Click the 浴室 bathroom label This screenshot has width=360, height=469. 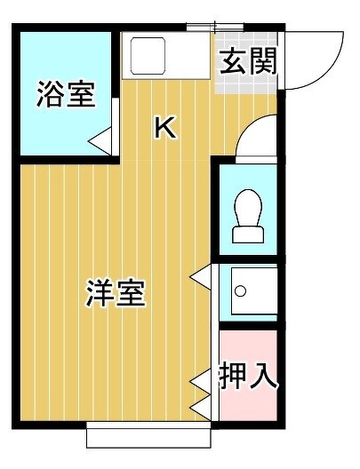[x=66, y=94]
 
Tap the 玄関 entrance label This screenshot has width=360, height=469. [x=248, y=61]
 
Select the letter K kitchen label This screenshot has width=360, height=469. [x=164, y=128]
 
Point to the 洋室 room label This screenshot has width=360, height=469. [x=116, y=293]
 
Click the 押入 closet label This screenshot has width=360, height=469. [x=248, y=376]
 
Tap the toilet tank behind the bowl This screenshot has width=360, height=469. [x=248, y=234]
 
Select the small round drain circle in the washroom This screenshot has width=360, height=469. [x=240, y=291]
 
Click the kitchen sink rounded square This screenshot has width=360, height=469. [x=148, y=56]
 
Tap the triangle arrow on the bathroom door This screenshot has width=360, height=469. [x=100, y=141]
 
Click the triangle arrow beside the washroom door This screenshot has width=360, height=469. [x=201, y=277]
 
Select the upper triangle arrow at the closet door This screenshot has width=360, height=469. [x=201, y=381]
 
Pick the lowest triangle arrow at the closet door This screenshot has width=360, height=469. [x=201, y=408]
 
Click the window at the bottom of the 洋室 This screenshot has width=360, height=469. [x=148, y=434]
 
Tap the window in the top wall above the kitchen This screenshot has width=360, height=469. [x=215, y=28]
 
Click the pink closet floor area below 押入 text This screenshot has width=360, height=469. [x=248, y=406]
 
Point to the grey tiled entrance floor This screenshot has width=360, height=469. [x=246, y=63]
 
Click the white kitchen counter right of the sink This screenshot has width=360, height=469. [x=188, y=56]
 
